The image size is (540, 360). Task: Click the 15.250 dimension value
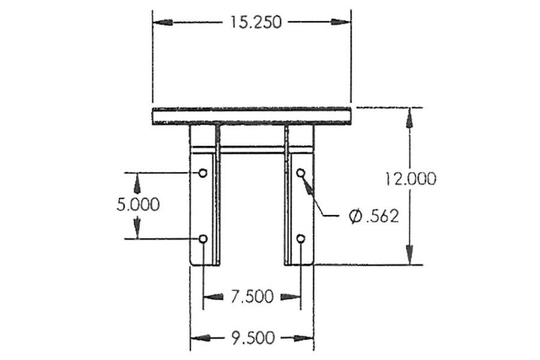251,22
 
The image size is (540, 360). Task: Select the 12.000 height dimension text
411,179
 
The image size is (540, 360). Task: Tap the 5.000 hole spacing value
138,205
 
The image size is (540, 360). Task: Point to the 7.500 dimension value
251,296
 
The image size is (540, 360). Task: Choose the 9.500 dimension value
253,338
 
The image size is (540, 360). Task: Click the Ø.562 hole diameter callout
374,216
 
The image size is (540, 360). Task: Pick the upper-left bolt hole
203,173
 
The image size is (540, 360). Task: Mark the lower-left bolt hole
203,239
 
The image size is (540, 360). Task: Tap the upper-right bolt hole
301,173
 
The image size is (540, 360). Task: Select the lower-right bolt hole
301,239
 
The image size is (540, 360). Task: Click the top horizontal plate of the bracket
251,116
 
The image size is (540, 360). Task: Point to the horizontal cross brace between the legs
251,149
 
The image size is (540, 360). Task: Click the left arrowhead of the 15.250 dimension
163,22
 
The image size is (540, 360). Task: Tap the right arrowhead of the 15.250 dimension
341,22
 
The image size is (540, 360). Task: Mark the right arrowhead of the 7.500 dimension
290,296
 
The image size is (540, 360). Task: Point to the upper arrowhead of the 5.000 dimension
137,182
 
